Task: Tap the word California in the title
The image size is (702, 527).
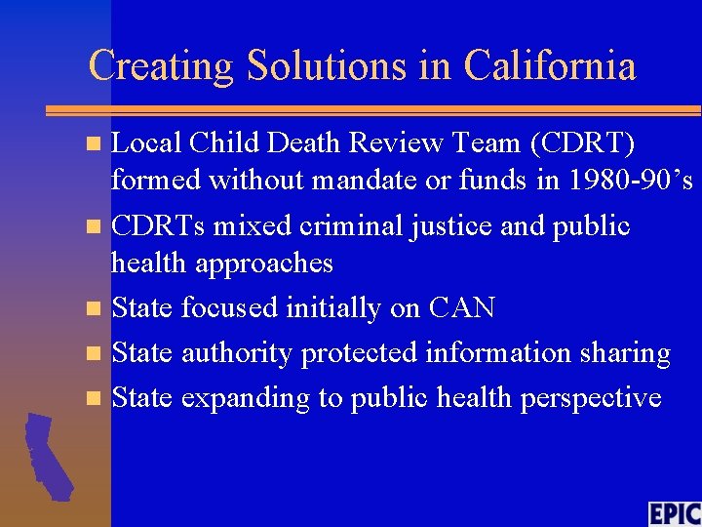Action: coord(550,66)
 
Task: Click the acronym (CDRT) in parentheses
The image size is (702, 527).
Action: coord(582,143)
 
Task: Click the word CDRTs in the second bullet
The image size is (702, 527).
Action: coord(158,226)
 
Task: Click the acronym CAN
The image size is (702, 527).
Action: coord(461,308)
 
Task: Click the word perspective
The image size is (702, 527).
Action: coord(599,398)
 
